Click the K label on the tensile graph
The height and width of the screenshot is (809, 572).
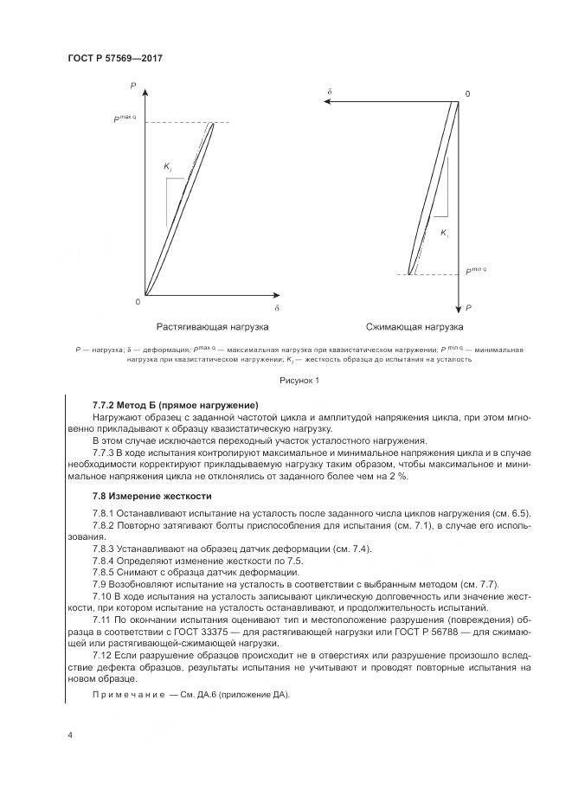point(168,166)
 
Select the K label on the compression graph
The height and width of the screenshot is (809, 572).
point(444,234)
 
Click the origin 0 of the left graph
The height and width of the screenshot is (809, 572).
point(138,301)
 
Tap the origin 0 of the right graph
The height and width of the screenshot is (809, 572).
point(466,93)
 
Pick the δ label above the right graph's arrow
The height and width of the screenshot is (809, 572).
point(330,90)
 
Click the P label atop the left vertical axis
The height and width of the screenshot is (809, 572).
point(133,85)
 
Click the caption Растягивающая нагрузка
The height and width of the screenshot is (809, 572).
point(212,327)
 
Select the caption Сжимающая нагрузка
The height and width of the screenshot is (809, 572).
point(414,327)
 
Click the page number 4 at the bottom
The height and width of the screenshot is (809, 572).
point(69,735)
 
